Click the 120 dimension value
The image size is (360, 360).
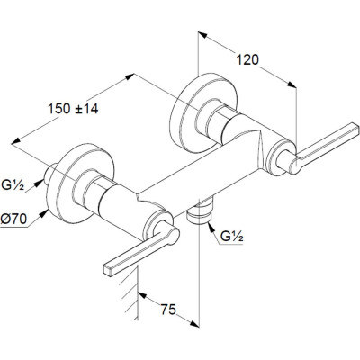coord(247,59)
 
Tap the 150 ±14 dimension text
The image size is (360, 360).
coord(73,108)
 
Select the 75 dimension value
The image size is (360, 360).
coord(168,310)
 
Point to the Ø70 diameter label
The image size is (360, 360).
coord(13,220)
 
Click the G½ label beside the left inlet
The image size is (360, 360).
coord(13,185)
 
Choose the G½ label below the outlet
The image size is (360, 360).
coord(231,237)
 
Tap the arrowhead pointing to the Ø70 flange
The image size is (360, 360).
coord(45,213)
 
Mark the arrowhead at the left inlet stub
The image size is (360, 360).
coord(38,183)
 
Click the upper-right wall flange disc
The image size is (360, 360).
coord(203,113)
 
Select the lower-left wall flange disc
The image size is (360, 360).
coord(80,184)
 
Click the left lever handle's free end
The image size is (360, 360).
coord(108,270)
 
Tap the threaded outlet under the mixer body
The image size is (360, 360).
coord(200,211)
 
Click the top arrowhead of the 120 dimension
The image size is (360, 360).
coord(202,35)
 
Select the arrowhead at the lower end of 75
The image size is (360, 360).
coord(194,323)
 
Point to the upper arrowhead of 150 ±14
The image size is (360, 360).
coord(130,76)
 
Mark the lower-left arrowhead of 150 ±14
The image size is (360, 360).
coord(16,141)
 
